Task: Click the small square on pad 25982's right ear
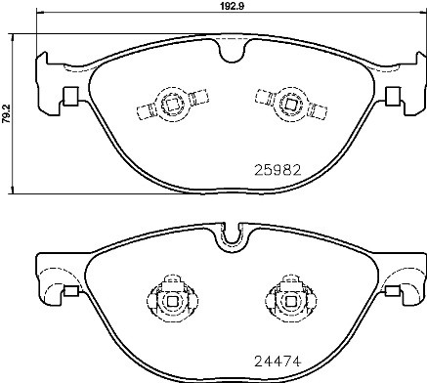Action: (x=393, y=96)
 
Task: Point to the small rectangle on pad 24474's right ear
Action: (x=395, y=290)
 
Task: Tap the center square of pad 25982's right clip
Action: (x=289, y=98)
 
